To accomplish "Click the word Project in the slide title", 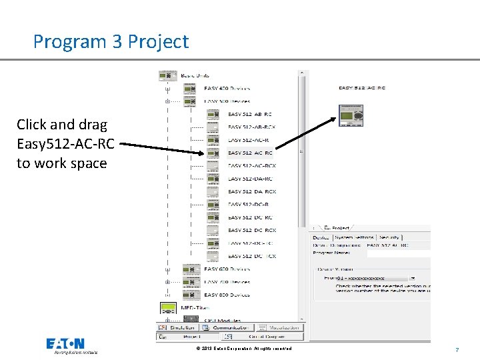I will coord(159,42).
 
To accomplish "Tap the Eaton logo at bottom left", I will coord(65,345).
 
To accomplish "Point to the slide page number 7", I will coord(457,349).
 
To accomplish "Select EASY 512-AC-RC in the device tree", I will coord(250,153).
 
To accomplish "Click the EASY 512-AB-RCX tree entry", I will coord(252,127).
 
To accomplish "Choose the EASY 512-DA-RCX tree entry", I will coord(252,191).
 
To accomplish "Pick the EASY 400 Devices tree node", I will coord(227,89).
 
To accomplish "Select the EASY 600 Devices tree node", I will coord(227,269).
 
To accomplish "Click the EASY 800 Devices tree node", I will coord(227,295).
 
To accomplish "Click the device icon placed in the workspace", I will coord(351,115).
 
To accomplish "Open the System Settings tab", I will coord(354,237).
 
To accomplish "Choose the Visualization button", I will coord(279,327).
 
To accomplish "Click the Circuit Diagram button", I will coord(277,337).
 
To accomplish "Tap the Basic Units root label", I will coord(193,75).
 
